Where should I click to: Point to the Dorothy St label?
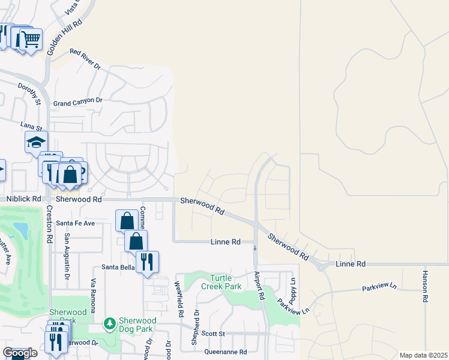point(29,94)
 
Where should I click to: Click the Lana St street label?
point(31,127)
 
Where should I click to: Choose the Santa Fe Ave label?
point(76,223)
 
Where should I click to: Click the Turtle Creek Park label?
point(225,282)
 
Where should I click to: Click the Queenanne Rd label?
point(226,352)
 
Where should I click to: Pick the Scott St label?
point(212,334)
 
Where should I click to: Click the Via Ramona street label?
point(93,295)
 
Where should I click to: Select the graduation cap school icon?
point(36,142)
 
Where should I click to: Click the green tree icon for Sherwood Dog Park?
point(109,325)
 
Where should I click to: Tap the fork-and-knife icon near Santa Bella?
point(147,262)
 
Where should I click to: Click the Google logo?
point(19,353)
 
